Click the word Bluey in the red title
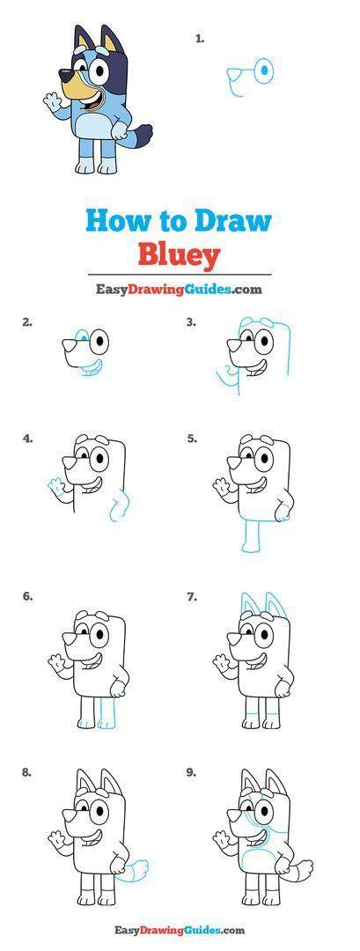(x=178, y=255)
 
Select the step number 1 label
(x=200, y=38)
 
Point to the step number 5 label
(x=192, y=438)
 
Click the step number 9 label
(x=192, y=773)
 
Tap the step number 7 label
(x=192, y=597)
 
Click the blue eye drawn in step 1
(x=264, y=71)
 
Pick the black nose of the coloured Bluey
(x=64, y=75)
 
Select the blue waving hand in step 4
(x=55, y=486)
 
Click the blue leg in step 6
(x=107, y=712)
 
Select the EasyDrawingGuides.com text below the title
(x=178, y=290)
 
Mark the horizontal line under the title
(x=180, y=275)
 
